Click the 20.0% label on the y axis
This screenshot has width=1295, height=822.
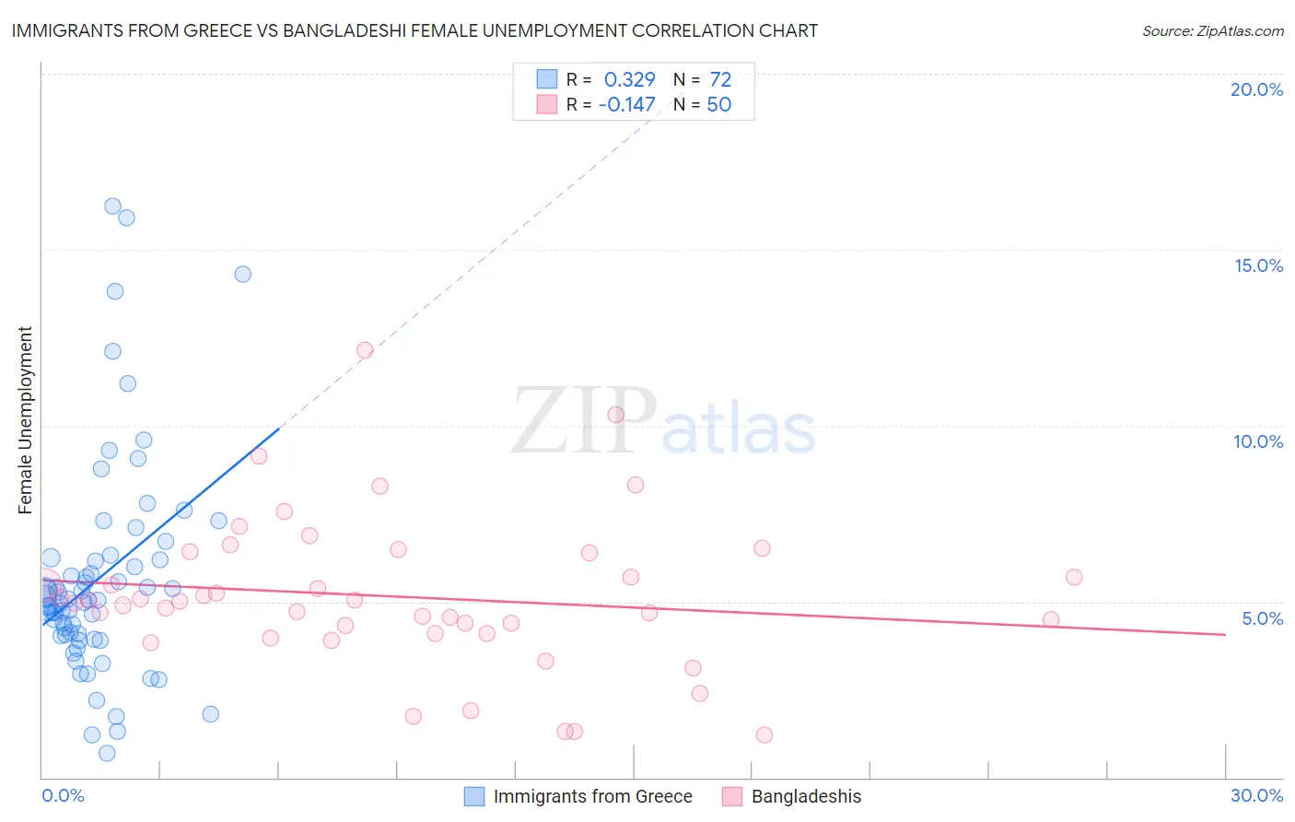pos(1256,89)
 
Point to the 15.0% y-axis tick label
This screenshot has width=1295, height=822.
pos(1258,265)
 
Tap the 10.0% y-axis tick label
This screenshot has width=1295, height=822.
pos(1258,441)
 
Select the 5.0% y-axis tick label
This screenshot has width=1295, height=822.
pos(1262,618)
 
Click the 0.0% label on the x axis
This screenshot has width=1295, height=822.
pos(63,795)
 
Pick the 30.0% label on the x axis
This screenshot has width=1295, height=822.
pos(1256,795)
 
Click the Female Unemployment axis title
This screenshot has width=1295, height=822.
pos(25,420)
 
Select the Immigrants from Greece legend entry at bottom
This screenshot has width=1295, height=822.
pos(592,796)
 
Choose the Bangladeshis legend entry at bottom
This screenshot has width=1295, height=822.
pos(806,796)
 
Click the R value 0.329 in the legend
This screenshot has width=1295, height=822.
pos(629,80)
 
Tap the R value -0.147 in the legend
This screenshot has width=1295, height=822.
pos(626,105)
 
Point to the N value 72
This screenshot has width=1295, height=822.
pos(720,80)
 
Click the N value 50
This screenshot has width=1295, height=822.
pos(718,105)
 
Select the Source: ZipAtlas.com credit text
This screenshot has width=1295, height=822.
pos(1212,31)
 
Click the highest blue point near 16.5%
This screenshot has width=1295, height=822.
pos(112,206)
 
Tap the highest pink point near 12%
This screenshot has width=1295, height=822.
pos(365,350)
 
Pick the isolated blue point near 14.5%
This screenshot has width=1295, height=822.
pos(242,274)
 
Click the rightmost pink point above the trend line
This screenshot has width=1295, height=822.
pos(1073,577)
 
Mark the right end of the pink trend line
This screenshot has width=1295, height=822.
pos(1225,634)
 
